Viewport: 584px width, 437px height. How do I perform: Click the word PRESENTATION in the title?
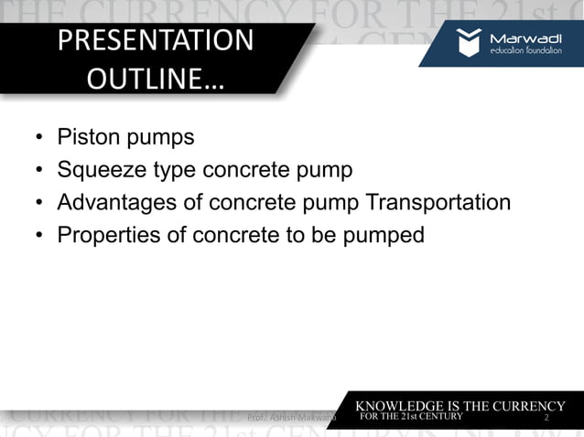155,41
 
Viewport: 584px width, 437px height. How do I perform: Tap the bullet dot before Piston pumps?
39,139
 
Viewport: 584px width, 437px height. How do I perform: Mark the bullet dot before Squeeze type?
39,171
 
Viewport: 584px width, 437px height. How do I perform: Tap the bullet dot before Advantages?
39,203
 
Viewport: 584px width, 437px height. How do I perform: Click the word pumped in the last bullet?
386,235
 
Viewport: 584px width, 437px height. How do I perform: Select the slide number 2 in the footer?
546,419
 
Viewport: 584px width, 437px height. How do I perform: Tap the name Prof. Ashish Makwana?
292,418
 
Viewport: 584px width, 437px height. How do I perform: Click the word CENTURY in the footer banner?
443,419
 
